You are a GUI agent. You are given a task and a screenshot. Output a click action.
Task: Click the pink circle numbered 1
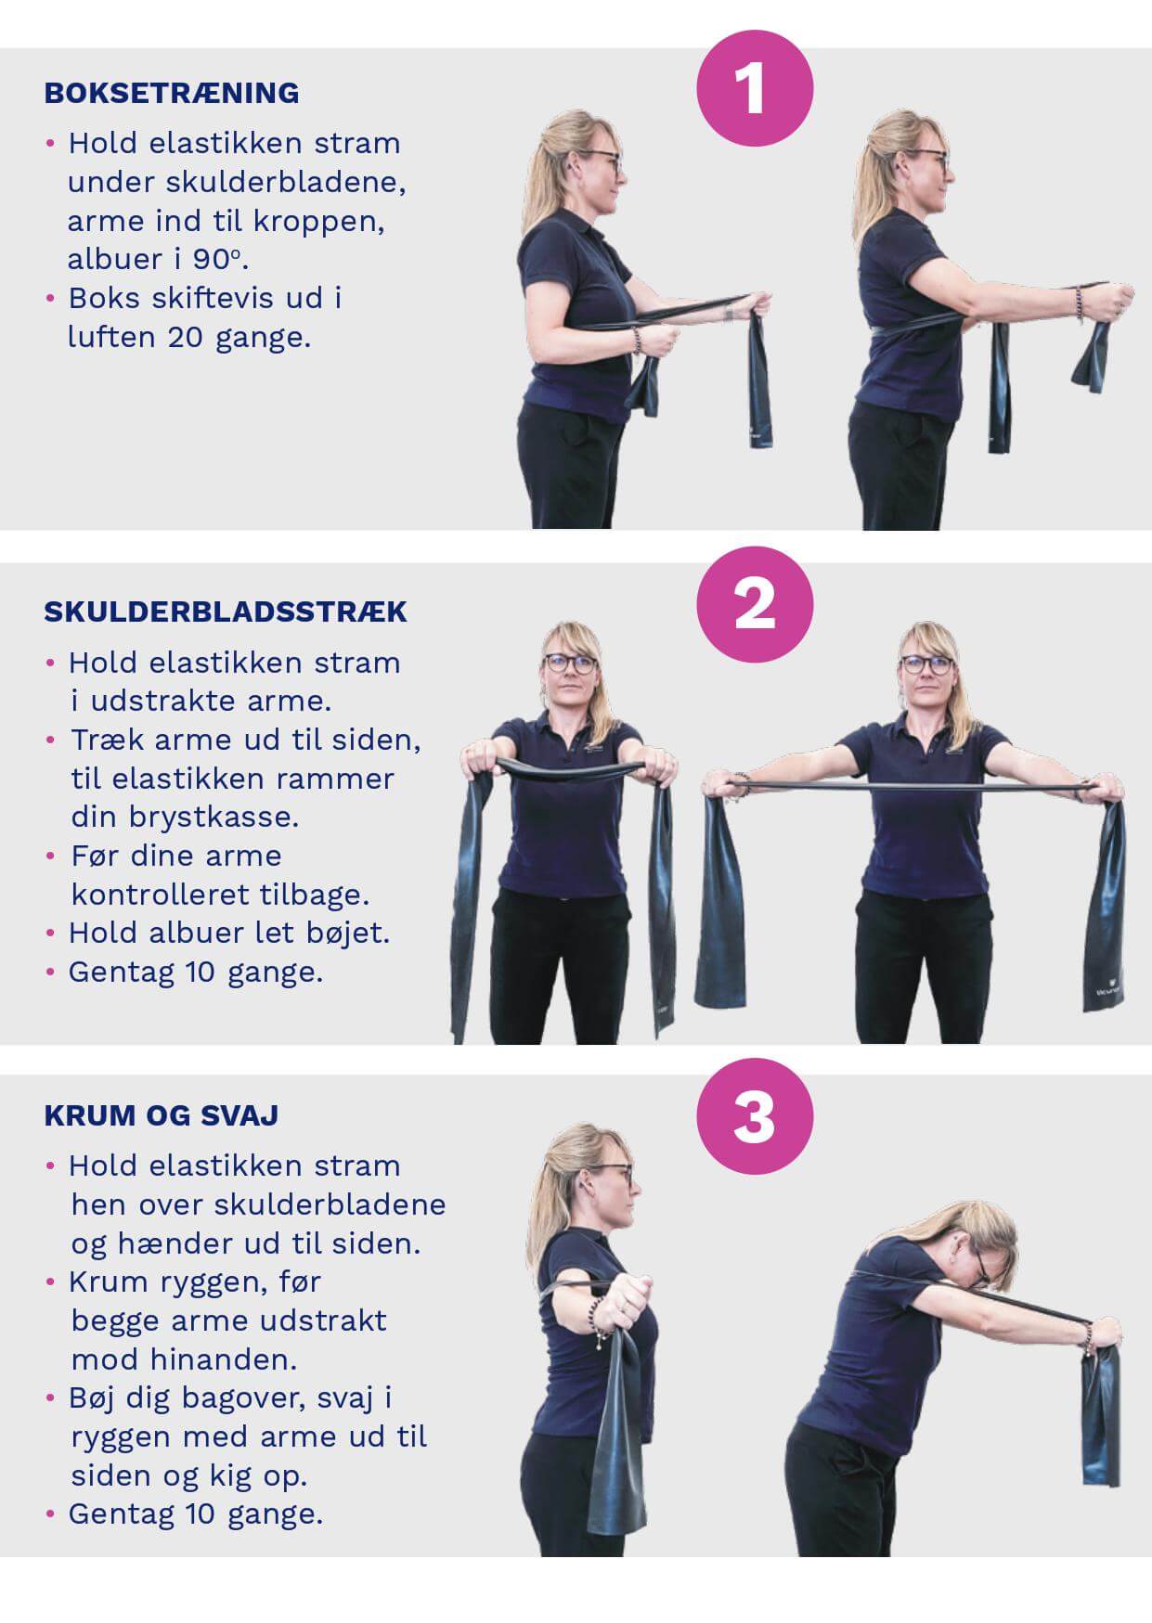click(755, 88)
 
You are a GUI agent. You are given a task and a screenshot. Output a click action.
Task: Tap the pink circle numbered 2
click(755, 604)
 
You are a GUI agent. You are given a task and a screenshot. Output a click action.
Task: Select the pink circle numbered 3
click(755, 1117)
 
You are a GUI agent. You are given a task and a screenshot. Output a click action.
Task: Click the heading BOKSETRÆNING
click(172, 93)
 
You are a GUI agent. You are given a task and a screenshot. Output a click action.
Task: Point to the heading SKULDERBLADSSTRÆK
click(226, 612)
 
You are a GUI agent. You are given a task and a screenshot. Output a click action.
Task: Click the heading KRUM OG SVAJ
click(162, 1114)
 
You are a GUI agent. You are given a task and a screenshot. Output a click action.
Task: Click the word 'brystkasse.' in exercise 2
click(186, 818)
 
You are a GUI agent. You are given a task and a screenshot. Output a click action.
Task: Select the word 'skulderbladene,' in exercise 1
click(237, 182)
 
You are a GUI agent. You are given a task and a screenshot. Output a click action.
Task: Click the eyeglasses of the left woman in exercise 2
click(570, 663)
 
